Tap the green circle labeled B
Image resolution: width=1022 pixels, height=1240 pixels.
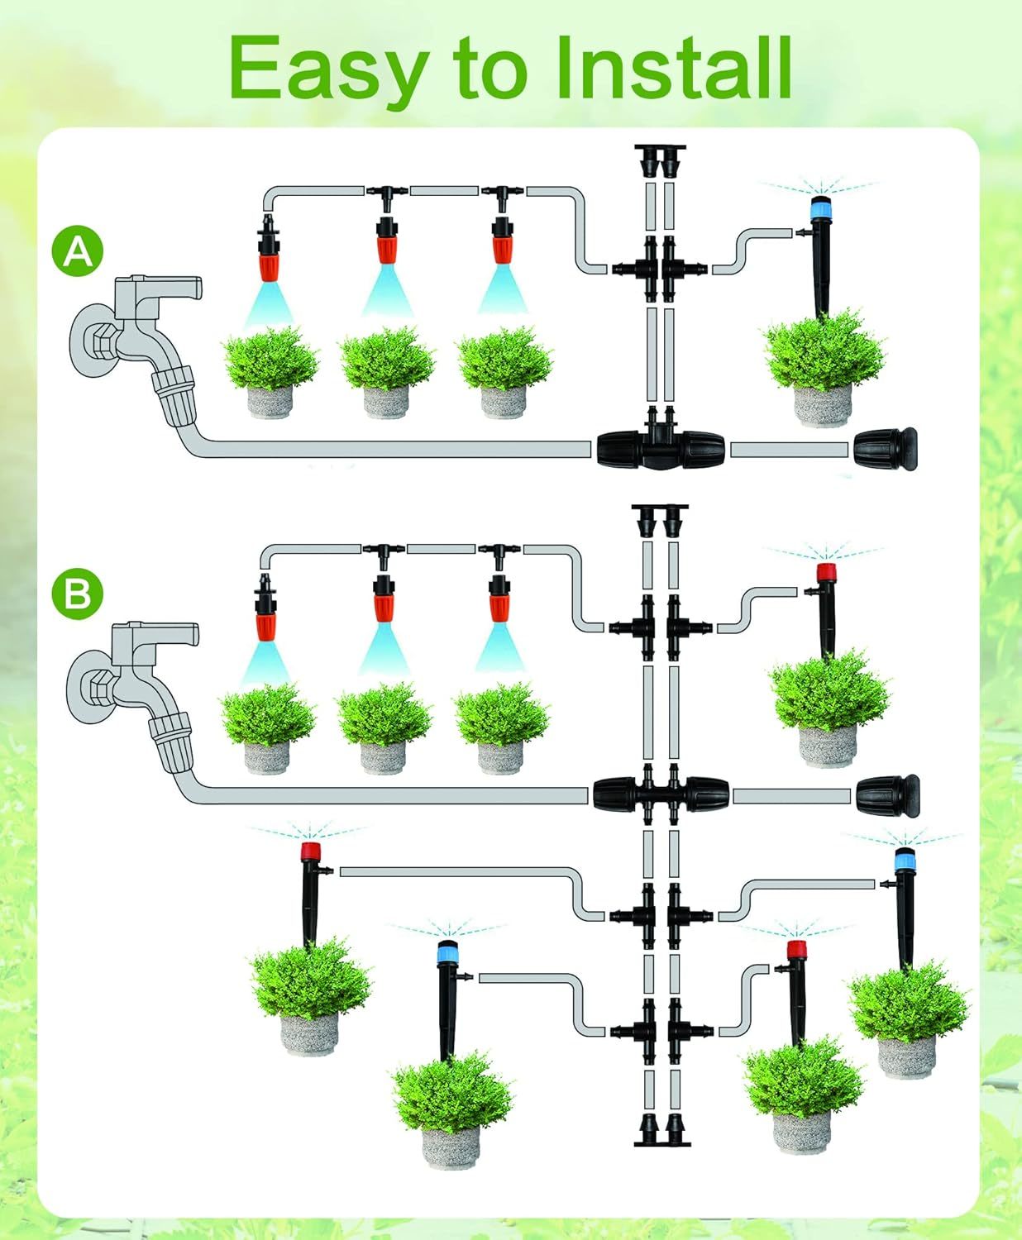click(x=77, y=594)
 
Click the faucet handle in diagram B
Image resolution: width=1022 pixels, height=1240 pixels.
click(x=165, y=635)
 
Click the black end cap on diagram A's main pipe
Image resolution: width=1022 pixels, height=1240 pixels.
click(x=886, y=449)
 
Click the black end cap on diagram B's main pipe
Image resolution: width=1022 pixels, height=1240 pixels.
click(x=888, y=796)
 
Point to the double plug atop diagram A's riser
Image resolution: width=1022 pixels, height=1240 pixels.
click(x=660, y=160)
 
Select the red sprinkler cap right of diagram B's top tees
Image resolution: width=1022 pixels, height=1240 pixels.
click(x=826, y=573)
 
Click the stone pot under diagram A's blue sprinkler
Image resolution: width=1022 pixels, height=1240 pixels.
click(x=823, y=404)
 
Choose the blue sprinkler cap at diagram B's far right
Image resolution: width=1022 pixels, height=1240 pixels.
click(x=905, y=860)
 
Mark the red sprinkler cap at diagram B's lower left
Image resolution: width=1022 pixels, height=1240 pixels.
click(x=311, y=851)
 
